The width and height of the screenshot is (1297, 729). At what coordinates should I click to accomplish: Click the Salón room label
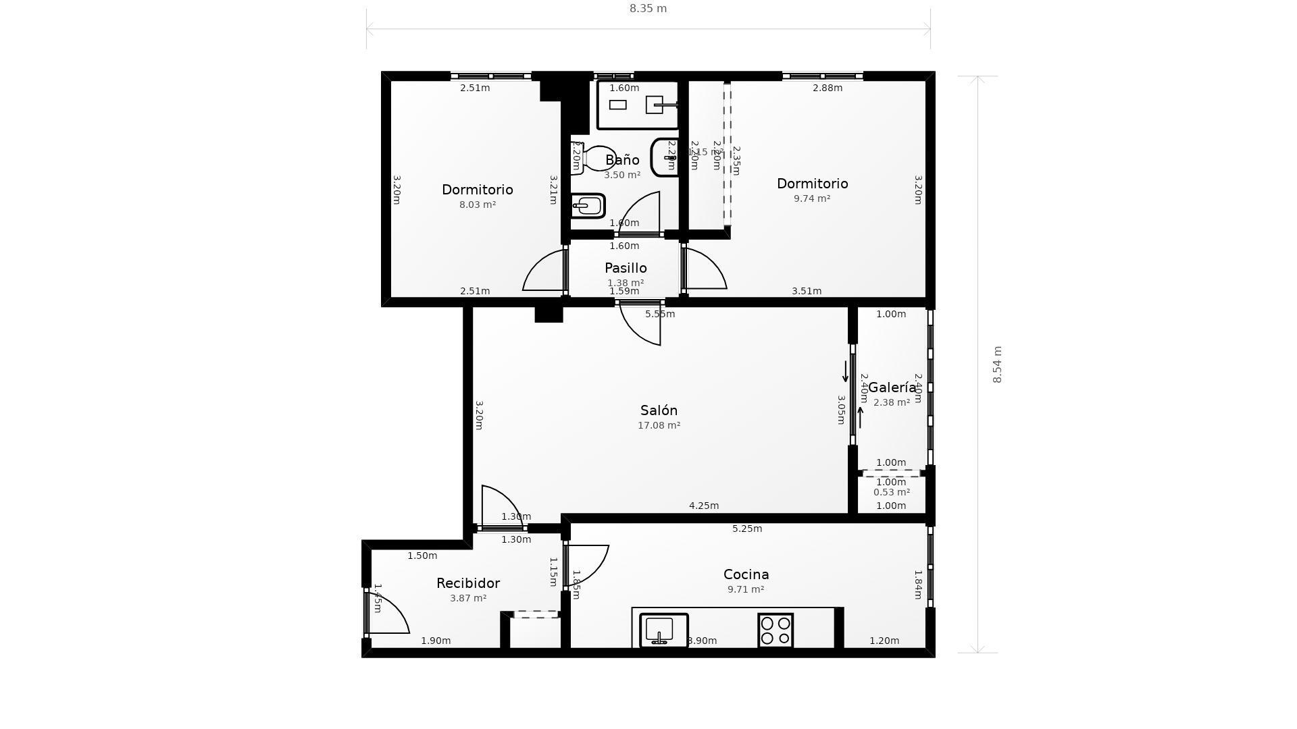[659, 410]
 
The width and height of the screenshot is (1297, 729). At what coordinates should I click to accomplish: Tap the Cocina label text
[746, 574]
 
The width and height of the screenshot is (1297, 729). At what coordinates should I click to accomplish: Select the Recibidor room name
[467, 583]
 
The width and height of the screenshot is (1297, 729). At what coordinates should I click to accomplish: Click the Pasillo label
[626, 268]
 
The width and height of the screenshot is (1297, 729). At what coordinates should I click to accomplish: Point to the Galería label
[892, 387]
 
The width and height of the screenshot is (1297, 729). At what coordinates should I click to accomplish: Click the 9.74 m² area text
[811, 198]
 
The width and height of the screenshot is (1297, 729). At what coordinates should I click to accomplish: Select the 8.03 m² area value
[477, 205]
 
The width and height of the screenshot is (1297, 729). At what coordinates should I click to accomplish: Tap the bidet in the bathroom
[588, 206]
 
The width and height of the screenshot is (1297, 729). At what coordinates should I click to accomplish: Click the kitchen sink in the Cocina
[663, 630]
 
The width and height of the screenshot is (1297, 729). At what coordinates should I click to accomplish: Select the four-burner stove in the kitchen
[775, 630]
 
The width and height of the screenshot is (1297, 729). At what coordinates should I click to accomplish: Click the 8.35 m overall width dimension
[648, 9]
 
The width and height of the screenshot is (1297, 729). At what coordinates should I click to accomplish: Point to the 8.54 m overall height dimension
[997, 364]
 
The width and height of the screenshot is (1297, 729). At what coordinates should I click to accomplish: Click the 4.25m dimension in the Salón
[703, 506]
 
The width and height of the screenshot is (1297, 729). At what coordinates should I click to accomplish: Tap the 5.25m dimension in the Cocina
[746, 529]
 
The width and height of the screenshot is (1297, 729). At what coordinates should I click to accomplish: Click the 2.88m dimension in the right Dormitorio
[827, 88]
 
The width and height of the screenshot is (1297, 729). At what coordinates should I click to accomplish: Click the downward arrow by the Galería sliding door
[845, 371]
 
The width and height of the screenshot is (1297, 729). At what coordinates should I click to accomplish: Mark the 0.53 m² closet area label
[891, 492]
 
